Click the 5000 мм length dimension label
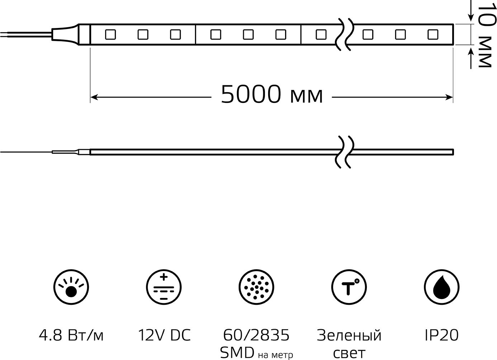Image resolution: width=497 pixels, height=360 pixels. (x=271, y=95)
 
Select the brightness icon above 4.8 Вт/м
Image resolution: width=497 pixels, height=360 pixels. (x=71, y=287)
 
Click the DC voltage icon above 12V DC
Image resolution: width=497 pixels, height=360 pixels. (x=164, y=287)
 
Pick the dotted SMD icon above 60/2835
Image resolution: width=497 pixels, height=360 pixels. (x=256, y=287)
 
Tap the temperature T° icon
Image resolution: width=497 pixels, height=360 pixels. (x=349, y=287)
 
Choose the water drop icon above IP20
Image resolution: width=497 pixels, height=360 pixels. (x=441, y=287)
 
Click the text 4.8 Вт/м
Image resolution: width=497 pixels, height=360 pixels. (x=71, y=335)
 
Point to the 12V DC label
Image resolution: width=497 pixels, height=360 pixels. (x=164, y=335)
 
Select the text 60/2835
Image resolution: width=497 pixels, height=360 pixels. (x=256, y=335)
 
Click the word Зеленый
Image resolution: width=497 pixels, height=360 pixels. (x=349, y=335)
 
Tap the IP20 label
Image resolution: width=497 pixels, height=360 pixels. (x=441, y=335)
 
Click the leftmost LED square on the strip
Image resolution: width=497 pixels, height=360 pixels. (x=110, y=35)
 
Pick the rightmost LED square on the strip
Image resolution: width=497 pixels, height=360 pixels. (x=433, y=35)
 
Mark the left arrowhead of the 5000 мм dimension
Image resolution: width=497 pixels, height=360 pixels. (x=94, y=97)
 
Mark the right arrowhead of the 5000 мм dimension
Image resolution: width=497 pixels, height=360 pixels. (x=449, y=97)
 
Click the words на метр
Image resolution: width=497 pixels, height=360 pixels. (x=275, y=355)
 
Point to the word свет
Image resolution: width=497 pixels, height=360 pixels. (x=349, y=353)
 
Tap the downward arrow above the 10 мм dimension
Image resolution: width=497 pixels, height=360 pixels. (x=470, y=14)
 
